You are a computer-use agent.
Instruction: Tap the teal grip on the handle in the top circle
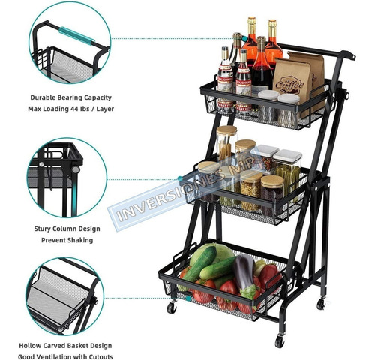point(76,36)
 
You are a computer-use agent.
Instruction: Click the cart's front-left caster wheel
point(172,307)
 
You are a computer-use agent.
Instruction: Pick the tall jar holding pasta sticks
point(226,144)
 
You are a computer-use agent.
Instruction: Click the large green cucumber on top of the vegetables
point(201,264)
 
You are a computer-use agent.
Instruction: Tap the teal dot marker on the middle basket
point(180,178)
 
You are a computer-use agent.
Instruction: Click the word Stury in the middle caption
point(42,229)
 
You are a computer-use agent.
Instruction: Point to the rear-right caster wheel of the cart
point(321,304)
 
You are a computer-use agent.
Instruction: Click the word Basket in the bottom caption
point(76,346)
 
